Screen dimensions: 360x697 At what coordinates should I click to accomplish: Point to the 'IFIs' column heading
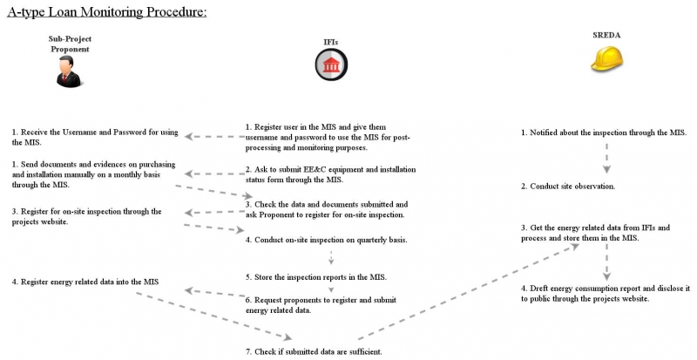tap(330, 42)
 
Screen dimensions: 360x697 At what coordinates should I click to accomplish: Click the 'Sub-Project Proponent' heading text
tap(70, 44)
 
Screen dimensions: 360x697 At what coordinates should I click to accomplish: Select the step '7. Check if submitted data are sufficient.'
tap(314, 351)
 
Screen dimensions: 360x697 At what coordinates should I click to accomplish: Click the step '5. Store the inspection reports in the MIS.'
tap(315, 277)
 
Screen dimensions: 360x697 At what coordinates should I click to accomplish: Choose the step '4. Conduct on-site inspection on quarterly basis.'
tap(327, 239)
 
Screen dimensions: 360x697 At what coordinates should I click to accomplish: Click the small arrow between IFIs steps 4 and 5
tap(331, 258)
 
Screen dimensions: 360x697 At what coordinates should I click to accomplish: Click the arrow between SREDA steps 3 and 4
tap(606, 262)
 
